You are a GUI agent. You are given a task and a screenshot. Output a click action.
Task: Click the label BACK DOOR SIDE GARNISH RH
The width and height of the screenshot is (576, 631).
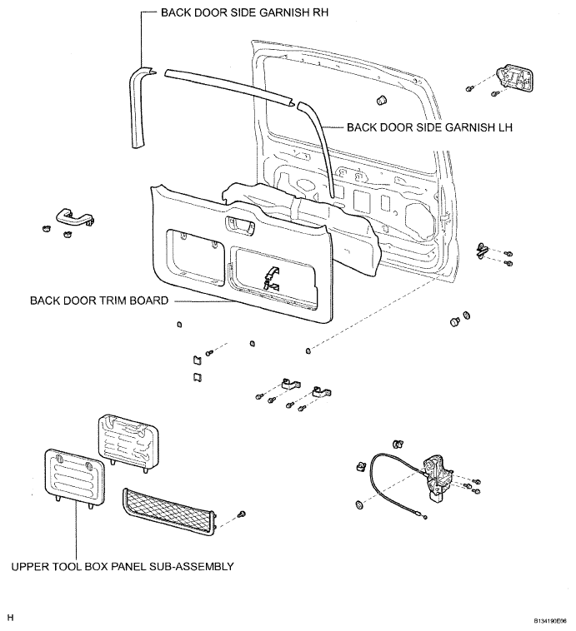point(245,12)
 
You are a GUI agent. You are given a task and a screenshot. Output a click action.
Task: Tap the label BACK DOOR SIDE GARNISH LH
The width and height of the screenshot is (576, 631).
point(429,127)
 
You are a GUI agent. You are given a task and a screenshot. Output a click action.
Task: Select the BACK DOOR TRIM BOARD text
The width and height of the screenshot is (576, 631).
point(99,301)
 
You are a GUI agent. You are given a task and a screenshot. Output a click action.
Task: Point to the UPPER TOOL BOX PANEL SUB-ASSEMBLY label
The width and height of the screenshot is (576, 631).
point(123,566)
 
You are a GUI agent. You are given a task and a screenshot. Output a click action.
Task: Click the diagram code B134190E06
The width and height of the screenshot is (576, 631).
point(550,621)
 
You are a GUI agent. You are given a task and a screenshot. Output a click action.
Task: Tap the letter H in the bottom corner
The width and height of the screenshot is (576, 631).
point(11,618)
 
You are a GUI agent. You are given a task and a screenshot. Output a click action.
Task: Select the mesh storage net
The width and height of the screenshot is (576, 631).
point(170,512)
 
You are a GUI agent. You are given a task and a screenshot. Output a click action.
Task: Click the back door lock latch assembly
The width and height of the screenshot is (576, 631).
point(437,478)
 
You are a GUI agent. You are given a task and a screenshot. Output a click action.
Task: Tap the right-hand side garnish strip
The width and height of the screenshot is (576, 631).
point(139,107)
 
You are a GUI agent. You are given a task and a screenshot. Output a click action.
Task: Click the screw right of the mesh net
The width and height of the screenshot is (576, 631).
point(242,514)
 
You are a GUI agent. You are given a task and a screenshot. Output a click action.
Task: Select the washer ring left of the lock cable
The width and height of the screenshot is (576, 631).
point(359,504)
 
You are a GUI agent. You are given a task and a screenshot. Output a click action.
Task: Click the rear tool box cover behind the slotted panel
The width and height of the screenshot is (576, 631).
point(128,443)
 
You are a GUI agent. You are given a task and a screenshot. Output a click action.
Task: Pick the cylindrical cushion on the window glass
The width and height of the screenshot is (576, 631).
point(381,99)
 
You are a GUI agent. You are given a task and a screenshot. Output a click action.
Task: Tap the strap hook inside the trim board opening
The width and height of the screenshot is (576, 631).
point(271,278)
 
